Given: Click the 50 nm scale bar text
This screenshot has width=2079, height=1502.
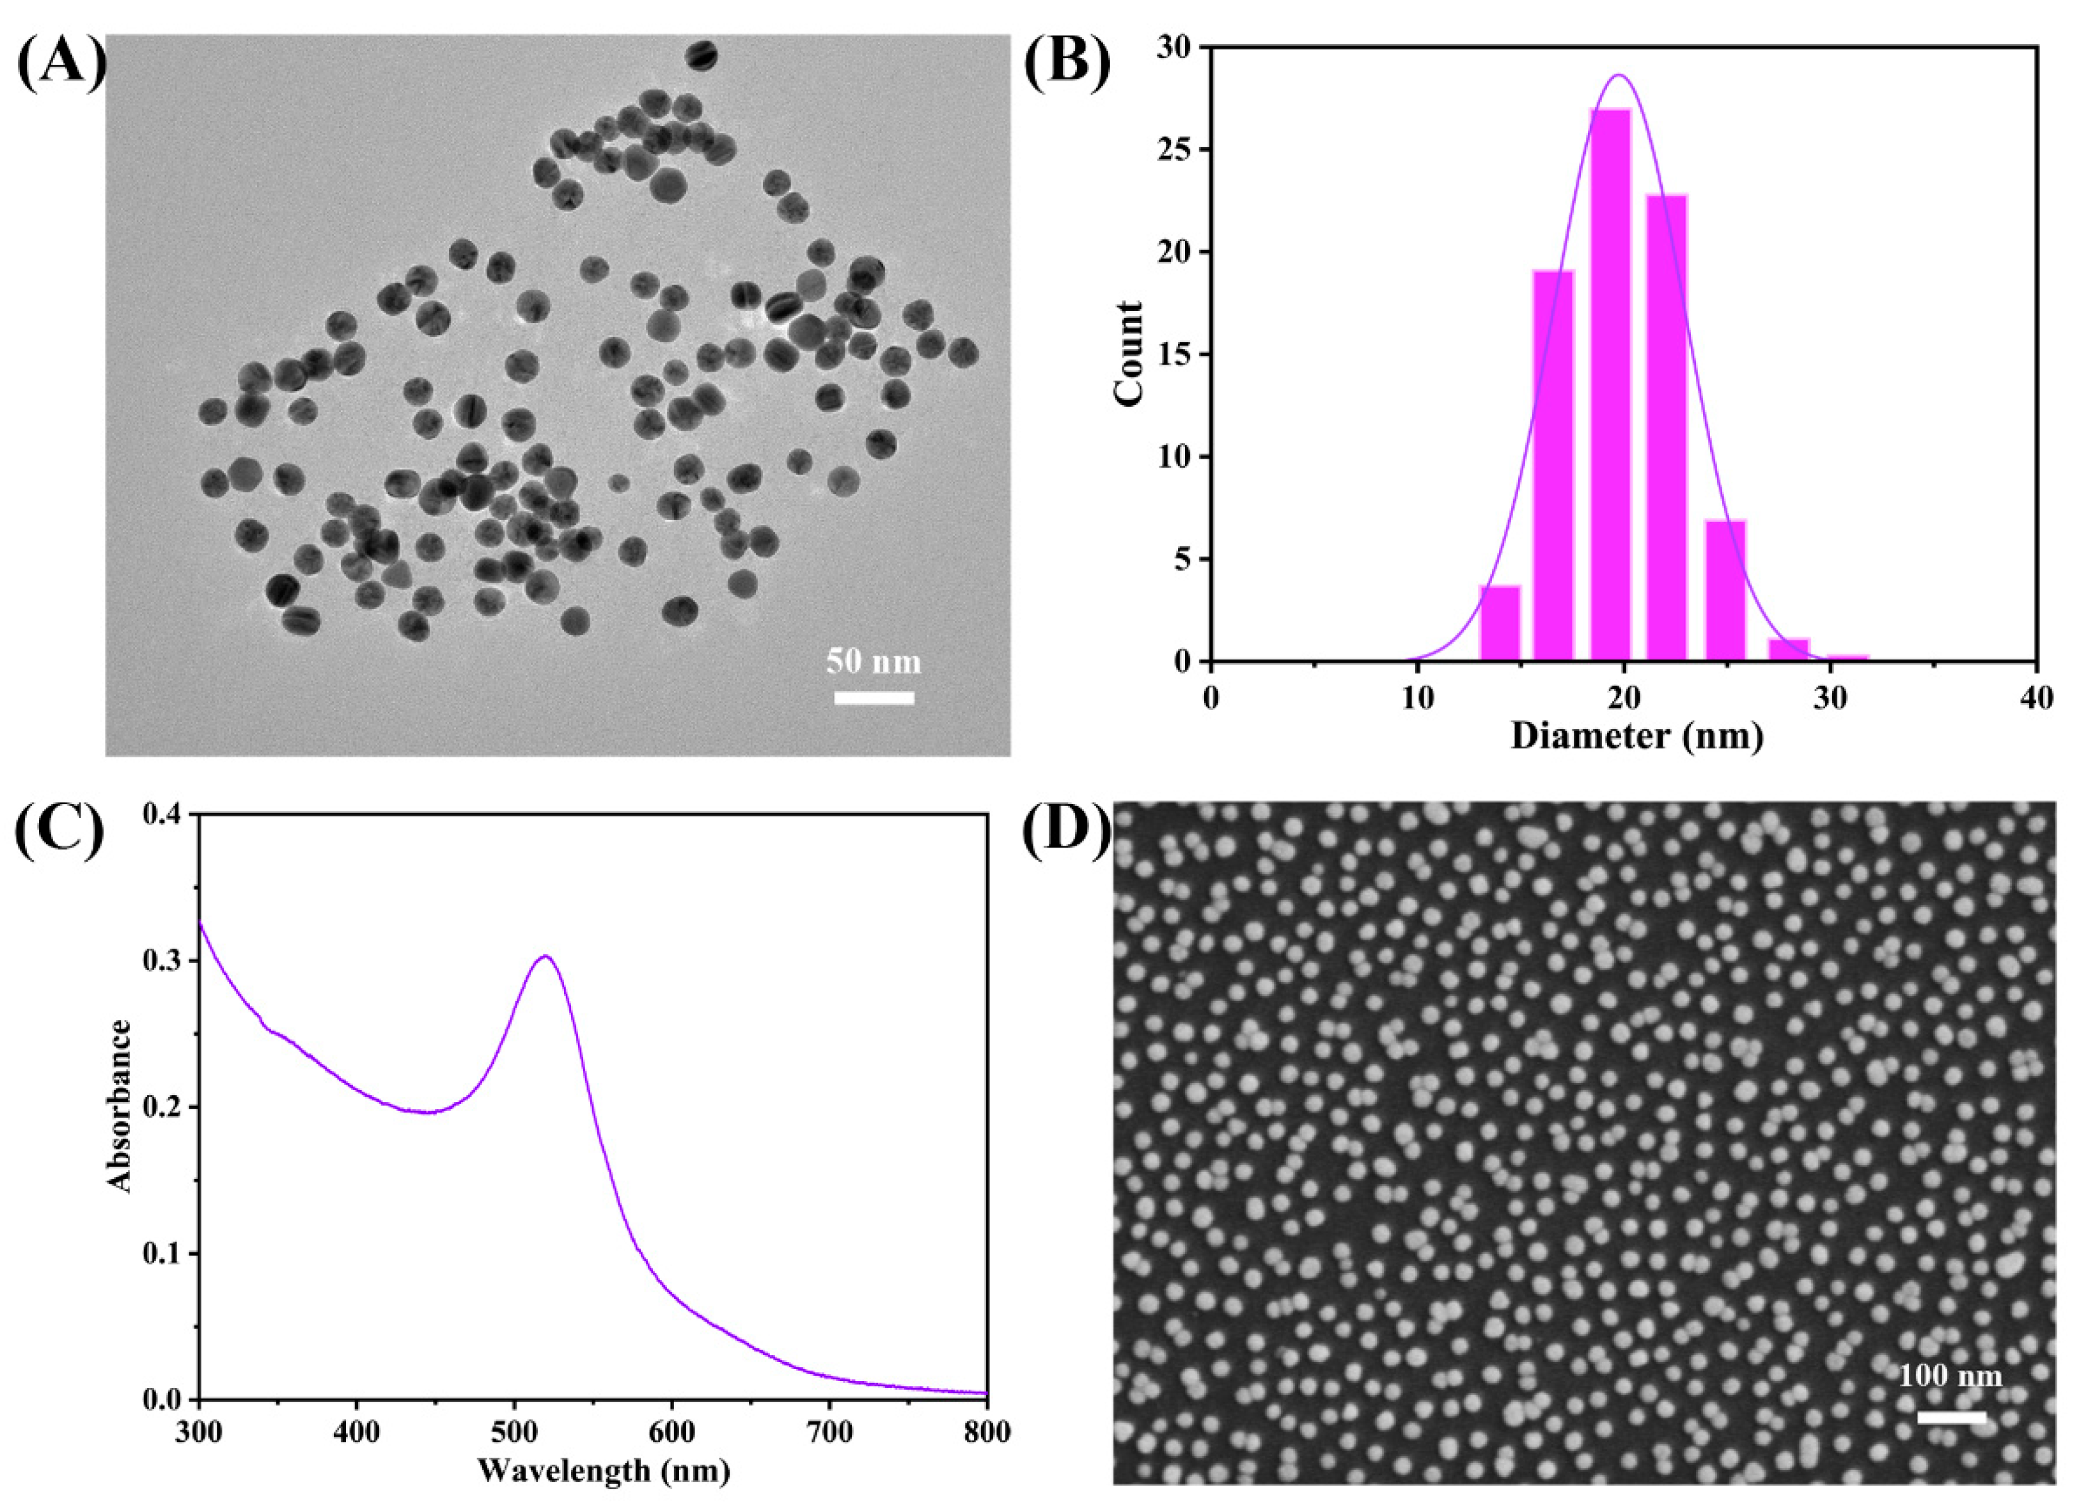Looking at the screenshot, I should click(873, 661).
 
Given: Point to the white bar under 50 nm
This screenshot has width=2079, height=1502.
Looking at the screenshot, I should click(874, 699).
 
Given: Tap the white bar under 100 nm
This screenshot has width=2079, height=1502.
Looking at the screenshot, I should click(1950, 1443).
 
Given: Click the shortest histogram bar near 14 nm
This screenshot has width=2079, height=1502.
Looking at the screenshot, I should click(1500, 624).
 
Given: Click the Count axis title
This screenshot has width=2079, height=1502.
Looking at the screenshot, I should click(1129, 353).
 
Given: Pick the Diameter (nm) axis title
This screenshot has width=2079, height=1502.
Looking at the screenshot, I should click(1636, 736).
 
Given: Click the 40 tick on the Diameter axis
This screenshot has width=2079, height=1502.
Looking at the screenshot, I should click(2037, 696).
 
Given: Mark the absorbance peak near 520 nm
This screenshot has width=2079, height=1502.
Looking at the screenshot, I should click(545, 956).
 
